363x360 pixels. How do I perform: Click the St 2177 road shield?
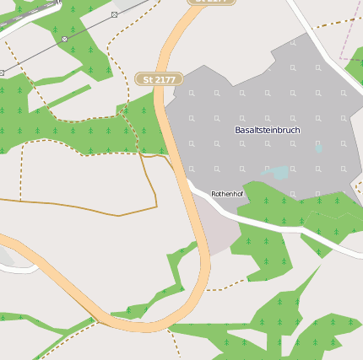click(x=159, y=78)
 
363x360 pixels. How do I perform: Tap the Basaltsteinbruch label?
click(x=267, y=130)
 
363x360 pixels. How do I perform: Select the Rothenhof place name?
click(x=227, y=193)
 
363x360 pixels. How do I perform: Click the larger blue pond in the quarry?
click(x=279, y=173)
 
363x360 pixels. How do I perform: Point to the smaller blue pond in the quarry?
click(x=318, y=148)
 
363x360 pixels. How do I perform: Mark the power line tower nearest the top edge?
click(x=114, y=14)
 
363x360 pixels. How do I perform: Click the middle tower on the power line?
click(x=64, y=39)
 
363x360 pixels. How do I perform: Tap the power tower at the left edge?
click(x=2, y=73)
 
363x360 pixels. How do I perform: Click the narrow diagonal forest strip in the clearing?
click(x=63, y=98)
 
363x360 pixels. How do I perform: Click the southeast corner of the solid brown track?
click(x=156, y=206)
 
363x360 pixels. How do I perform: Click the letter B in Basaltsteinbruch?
click(x=237, y=130)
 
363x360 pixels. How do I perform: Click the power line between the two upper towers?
click(x=89, y=27)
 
